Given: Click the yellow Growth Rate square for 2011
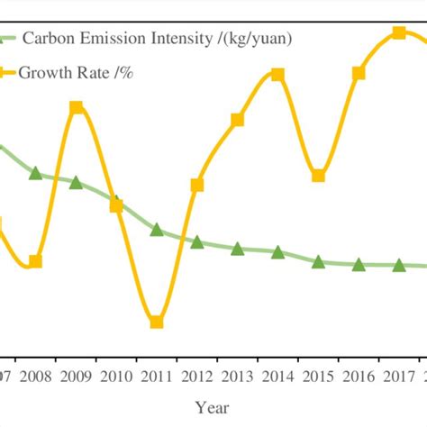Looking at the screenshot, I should [156, 322].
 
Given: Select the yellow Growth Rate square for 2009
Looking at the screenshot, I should [77, 108].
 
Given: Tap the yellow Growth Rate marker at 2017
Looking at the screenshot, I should [399, 33].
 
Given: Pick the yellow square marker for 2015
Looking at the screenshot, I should [318, 176].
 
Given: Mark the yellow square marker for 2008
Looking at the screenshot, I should [35, 262].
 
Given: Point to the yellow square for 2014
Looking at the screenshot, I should [277, 75].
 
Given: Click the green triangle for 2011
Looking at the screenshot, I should [156, 230].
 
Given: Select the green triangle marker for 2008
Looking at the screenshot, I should [35, 173].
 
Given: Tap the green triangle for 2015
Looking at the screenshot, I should [318, 261].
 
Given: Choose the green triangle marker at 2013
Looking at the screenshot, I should [237, 249].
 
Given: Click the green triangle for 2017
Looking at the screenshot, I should [399, 265].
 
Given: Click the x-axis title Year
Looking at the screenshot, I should [213, 407].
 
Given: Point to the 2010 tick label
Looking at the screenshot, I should [115, 376].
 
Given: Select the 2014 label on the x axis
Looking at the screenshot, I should [277, 376].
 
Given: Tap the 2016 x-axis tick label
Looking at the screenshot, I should [359, 376].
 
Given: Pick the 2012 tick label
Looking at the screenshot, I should [196, 376].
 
